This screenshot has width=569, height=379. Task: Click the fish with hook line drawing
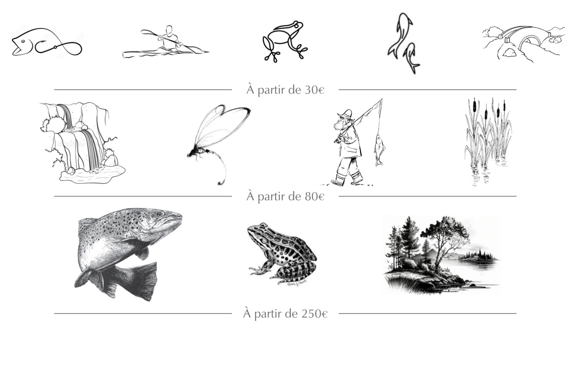tap(46, 43)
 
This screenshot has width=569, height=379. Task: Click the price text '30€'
tap(314, 90)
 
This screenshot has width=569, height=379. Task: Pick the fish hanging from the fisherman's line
tap(379, 149)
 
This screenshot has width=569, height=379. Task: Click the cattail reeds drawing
tap(487, 138)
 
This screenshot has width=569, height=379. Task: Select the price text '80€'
tap(314, 196)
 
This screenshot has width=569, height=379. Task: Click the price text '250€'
tap(314, 313)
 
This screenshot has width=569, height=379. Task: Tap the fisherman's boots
tap(347, 179)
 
